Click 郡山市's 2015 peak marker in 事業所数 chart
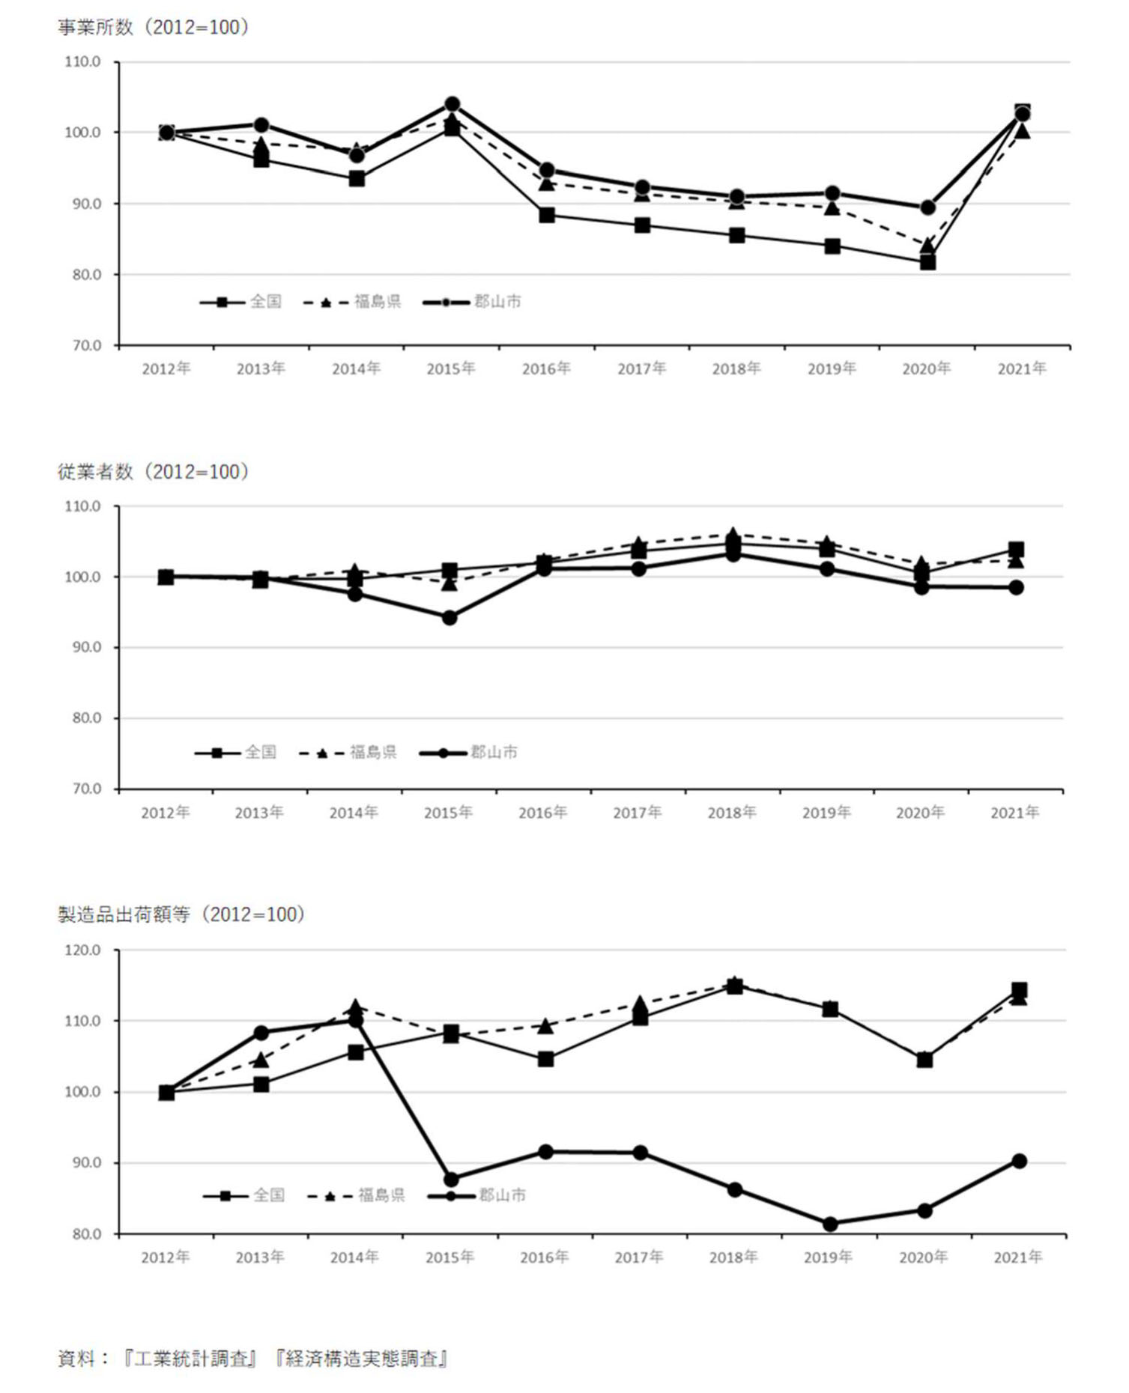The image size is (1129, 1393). pyautogui.click(x=452, y=104)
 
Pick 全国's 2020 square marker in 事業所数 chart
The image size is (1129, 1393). pyautogui.click(x=927, y=262)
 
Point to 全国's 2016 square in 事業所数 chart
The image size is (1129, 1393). pyautogui.click(x=547, y=216)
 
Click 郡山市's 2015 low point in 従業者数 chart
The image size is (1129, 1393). pyautogui.click(x=450, y=618)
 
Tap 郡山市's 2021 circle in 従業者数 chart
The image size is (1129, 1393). pyautogui.click(x=1016, y=588)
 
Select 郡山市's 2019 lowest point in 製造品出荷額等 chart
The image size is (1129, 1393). pyautogui.click(x=830, y=1224)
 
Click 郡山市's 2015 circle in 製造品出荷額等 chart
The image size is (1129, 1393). pyautogui.click(x=451, y=1180)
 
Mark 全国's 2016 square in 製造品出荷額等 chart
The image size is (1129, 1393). pyautogui.click(x=546, y=1059)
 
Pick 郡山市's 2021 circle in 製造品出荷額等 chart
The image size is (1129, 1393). pyautogui.click(x=1019, y=1161)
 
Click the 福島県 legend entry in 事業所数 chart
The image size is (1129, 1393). pyautogui.click(x=377, y=302)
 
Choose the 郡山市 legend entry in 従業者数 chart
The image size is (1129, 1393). pyautogui.click(x=494, y=753)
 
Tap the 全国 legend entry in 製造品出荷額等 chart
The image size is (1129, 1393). pyautogui.click(x=269, y=1195)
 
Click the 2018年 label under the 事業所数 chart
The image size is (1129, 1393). pyautogui.click(x=736, y=368)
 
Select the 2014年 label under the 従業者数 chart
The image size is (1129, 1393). pyautogui.click(x=354, y=813)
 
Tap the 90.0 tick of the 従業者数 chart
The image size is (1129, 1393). pyautogui.click(x=86, y=647)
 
